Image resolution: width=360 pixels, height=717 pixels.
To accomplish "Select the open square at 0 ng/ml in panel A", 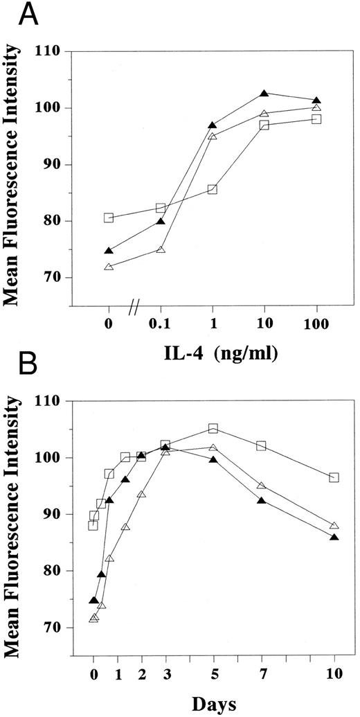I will click(x=109, y=218).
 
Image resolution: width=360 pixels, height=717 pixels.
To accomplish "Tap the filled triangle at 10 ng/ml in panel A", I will click(x=264, y=94).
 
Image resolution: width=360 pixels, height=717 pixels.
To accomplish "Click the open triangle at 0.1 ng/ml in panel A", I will click(x=161, y=249).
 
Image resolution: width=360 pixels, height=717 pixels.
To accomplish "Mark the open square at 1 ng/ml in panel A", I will click(x=213, y=189).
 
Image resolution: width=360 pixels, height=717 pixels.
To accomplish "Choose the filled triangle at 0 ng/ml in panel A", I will click(x=109, y=251).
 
